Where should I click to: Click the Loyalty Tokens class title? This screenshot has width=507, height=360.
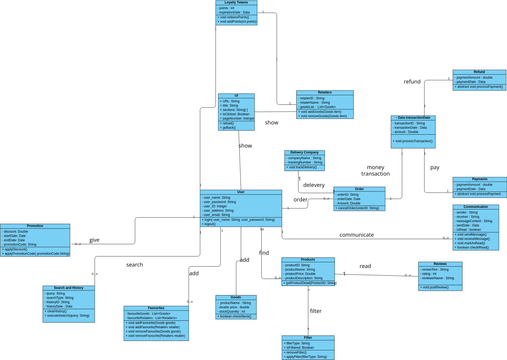tap(236, 3)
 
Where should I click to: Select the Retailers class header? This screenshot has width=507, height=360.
tap(324, 92)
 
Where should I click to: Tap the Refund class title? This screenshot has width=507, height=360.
tap(479, 72)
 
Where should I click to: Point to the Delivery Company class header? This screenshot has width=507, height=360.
tap(304, 152)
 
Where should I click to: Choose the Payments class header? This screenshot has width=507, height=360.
tap(479, 179)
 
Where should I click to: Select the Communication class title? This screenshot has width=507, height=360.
tap(476, 207)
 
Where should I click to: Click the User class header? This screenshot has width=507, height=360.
tap(241, 192)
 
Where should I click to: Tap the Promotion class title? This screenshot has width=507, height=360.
tap(35, 226)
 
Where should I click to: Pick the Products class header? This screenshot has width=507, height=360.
tap(308, 259)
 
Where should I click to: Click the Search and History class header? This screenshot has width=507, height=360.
tap(69, 288)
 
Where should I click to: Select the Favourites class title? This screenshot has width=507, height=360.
tap(156, 308)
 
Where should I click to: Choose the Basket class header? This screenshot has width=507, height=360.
tap(235, 297)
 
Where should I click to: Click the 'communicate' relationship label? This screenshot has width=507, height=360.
tap(356, 235)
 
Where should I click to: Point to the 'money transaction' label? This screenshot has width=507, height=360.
tap(375, 170)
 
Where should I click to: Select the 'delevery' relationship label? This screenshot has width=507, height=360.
tap(314, 185)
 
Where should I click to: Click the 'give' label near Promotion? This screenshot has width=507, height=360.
tap(95, 240)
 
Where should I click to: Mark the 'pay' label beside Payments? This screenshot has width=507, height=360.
tap(434, 167)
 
